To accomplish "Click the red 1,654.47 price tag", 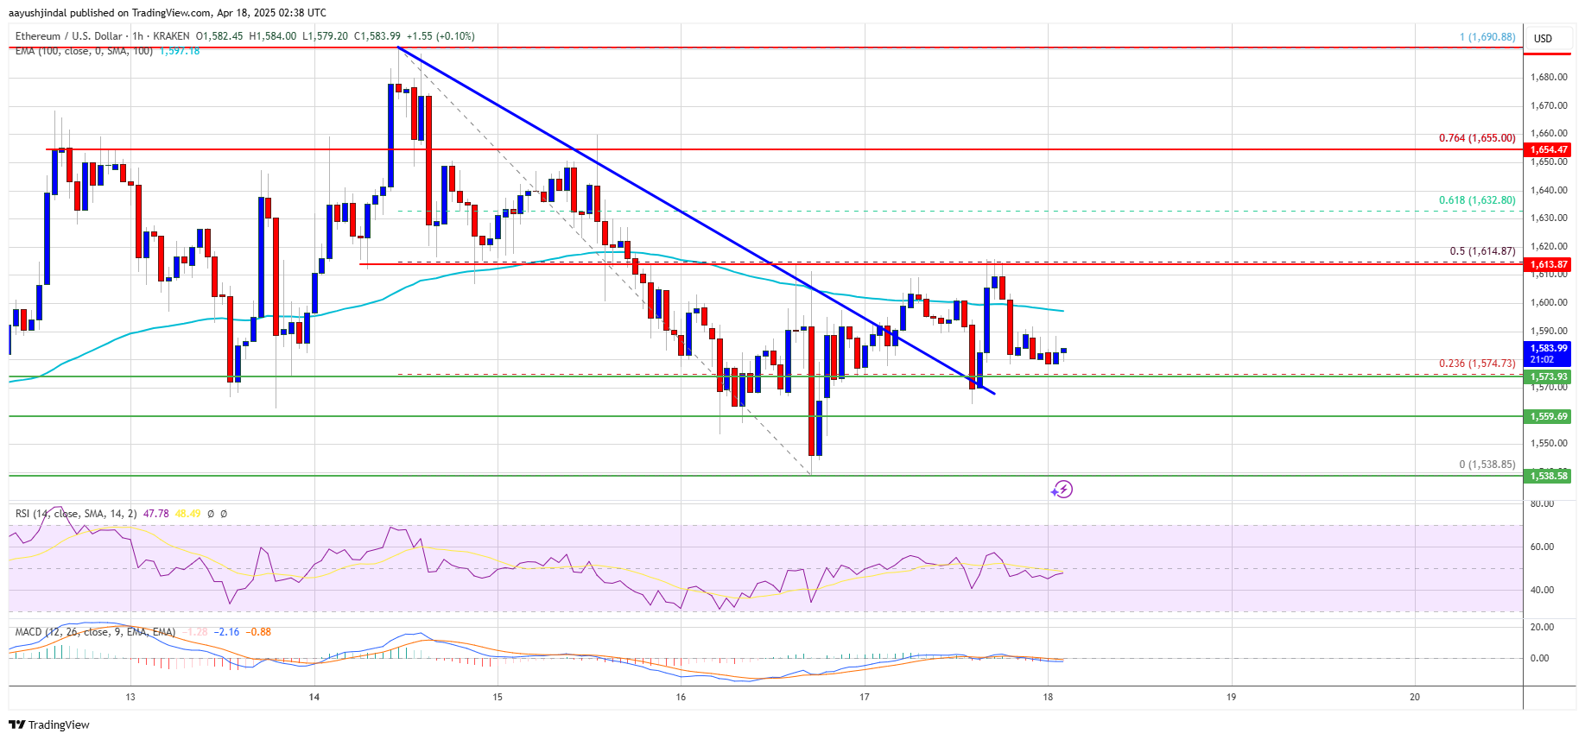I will tap(1548, 149).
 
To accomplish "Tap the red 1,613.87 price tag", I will tap(1548, 264).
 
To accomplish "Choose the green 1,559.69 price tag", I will tap(1548, 416).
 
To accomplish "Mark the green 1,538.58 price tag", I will tap(1548, 476).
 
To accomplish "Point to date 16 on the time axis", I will tap(681, 697).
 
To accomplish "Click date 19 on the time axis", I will tap(1231, 697).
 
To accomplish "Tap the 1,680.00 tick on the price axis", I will tap(1548, 78).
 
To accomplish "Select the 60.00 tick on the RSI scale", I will tap(1542, 547).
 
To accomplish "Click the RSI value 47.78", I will tap(156, 514).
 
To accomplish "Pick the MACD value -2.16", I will tap(228, 632).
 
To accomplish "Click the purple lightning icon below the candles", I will tap(1062, 490).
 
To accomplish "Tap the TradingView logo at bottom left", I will tap(50, 724).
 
